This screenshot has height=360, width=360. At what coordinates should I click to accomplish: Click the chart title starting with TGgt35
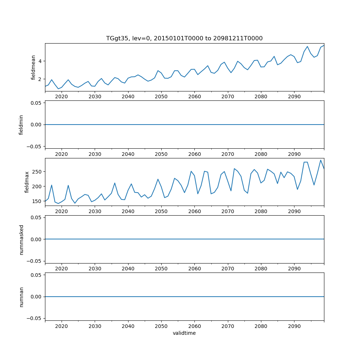coord(184,38)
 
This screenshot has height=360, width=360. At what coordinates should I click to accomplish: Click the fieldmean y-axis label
coord(33,67)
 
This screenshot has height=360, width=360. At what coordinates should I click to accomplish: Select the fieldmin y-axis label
coord(21,125)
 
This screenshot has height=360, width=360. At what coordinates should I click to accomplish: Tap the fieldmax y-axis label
coord(27,182)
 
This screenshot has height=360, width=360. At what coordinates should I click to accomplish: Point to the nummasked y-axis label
coord(21,239)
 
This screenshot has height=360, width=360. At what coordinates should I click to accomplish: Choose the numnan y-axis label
coord(21,297)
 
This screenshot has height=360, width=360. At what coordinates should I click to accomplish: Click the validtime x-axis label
coord(184,333)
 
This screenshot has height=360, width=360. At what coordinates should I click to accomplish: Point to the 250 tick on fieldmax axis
coord(37,172)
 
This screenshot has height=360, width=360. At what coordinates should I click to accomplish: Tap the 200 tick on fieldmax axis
coord(37,186)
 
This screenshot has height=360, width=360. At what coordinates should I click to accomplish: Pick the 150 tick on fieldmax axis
coord(37,201)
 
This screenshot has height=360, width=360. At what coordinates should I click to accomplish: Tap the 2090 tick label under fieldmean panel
coord(294,97)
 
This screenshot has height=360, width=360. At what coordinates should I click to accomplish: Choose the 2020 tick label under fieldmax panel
coord(62,211)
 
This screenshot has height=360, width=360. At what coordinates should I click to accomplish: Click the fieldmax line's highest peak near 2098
coord(321,160)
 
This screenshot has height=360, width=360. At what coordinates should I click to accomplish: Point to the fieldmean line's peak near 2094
coord(307,46)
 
